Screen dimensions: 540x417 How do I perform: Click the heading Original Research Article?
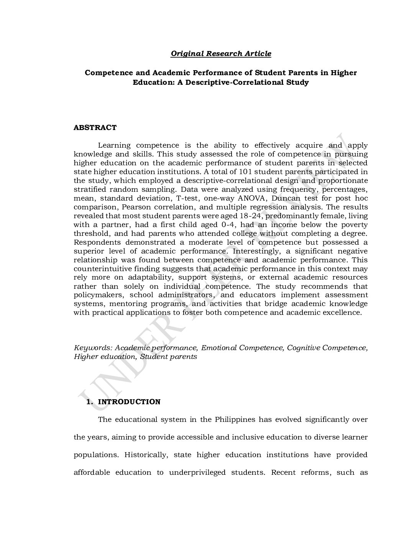point(221,54)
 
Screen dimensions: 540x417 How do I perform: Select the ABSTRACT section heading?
point(95,128)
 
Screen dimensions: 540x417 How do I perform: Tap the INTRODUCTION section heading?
point(129,402)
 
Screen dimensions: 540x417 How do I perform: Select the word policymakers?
point(99,295)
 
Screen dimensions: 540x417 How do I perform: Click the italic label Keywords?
point(93,348)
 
